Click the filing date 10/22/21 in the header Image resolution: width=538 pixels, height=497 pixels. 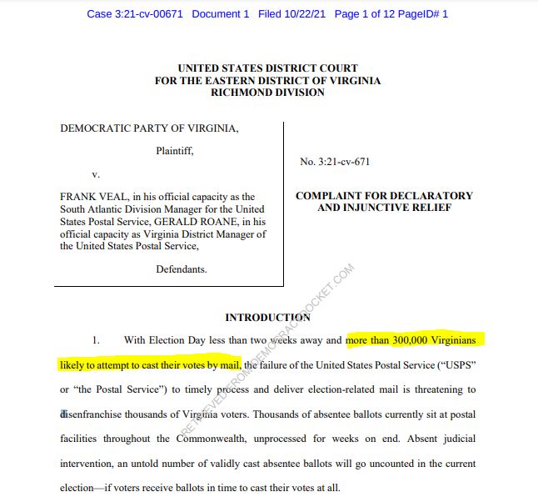coord(304,14)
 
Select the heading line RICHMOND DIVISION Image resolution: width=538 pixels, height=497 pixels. coord(267,93)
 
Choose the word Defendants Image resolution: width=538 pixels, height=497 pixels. coord(182,269)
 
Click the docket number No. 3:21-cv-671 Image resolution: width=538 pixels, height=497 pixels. coord(335,162)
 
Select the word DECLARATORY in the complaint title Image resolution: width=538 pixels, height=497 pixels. coord(436,196)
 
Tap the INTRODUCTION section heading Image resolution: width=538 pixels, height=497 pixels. coord(267,318)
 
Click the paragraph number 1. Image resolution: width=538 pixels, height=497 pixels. coord(96,340)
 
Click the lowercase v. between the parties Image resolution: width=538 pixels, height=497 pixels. coord(96,175)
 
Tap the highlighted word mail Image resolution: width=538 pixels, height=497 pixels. coord(230,364)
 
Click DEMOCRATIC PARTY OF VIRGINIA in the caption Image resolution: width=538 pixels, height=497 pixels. coord(149,128)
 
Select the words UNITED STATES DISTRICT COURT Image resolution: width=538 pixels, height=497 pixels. coord(267,68)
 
